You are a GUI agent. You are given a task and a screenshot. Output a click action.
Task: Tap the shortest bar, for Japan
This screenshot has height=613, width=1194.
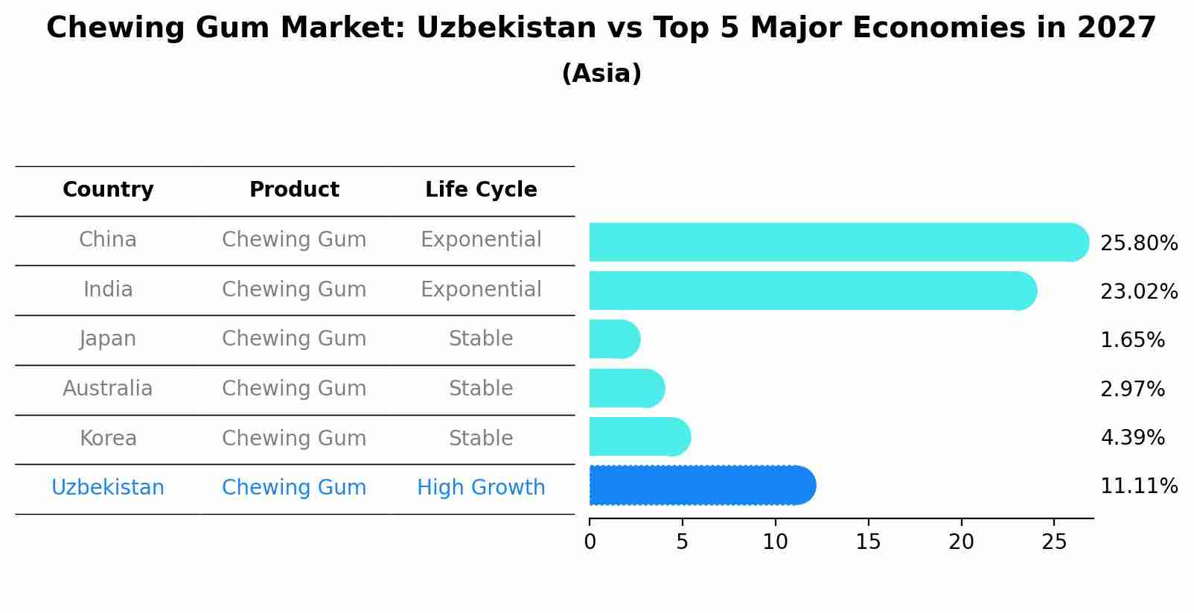tap(613, 339)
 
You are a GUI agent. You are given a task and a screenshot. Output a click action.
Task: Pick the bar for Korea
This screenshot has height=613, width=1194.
tap(639, 436)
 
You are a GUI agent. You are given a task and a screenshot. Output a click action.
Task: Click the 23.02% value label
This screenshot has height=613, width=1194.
tap(1138, 291)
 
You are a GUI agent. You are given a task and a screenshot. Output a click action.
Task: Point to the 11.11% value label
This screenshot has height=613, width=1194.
tap(1138, 486)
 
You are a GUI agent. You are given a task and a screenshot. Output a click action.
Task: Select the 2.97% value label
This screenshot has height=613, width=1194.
tap(1132, 389)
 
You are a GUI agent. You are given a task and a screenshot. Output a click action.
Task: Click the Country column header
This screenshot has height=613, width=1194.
tap(108, 190)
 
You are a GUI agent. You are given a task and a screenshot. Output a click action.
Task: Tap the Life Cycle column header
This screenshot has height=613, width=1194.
tap(481, 190)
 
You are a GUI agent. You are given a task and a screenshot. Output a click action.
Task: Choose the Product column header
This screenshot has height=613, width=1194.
tap(294, 190)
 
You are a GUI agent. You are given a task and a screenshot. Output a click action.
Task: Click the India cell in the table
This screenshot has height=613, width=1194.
tap(108, 289)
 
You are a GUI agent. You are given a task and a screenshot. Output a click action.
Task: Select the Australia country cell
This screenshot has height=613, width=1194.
tap(108, 388)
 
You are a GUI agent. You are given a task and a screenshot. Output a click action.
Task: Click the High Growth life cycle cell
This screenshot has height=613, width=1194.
tap(481, 487)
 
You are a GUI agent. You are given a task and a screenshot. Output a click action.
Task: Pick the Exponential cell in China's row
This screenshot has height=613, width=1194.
tap(481, 239)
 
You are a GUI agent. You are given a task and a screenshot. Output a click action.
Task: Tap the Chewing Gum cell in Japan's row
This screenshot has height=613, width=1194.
tap(294, 338)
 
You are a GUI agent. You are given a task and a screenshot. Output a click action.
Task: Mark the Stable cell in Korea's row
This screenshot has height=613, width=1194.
tap(481, 438)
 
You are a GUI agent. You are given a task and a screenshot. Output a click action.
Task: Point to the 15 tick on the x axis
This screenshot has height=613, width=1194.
tap(868, 541)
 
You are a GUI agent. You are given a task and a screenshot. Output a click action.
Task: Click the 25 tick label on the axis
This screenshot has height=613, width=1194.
tap(1054, 541)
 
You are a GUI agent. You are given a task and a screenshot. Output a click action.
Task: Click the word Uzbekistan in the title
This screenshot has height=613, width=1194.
tap(506, 28)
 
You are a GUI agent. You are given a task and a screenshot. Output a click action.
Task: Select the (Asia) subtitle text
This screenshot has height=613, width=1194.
tap(601, 74)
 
